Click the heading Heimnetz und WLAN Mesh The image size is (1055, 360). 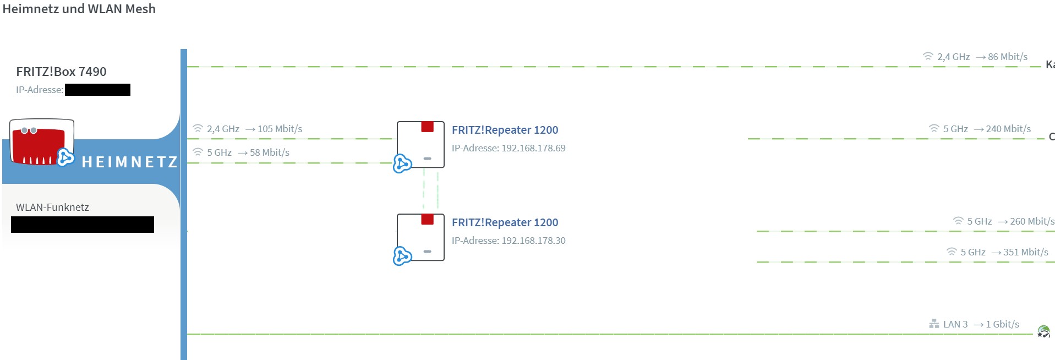(79, 9)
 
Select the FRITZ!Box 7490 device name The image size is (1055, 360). (61, 72)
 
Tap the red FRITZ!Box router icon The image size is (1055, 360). (41, 142)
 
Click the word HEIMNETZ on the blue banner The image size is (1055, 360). (130, 162)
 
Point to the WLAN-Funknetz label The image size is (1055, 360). (52, 208)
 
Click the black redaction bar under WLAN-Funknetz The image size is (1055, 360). (83, 225)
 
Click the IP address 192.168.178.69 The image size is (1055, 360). (533, 148)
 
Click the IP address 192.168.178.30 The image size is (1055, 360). (533, 241)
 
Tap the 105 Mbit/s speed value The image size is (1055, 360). (280, 129)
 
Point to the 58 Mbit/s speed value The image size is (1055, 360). (269, 152)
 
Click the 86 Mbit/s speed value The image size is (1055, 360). (1007, 57)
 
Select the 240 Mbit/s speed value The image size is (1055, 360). (1008, 129)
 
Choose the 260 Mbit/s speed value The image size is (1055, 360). (1032, 221)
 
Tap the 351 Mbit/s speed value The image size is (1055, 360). (1025, 252)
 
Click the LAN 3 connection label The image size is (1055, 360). (955, 324)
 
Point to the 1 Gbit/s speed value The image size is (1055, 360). (1002, 324)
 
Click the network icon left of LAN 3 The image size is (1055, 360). (934, 324)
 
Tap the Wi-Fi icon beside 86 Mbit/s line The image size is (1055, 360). (928, 56)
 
